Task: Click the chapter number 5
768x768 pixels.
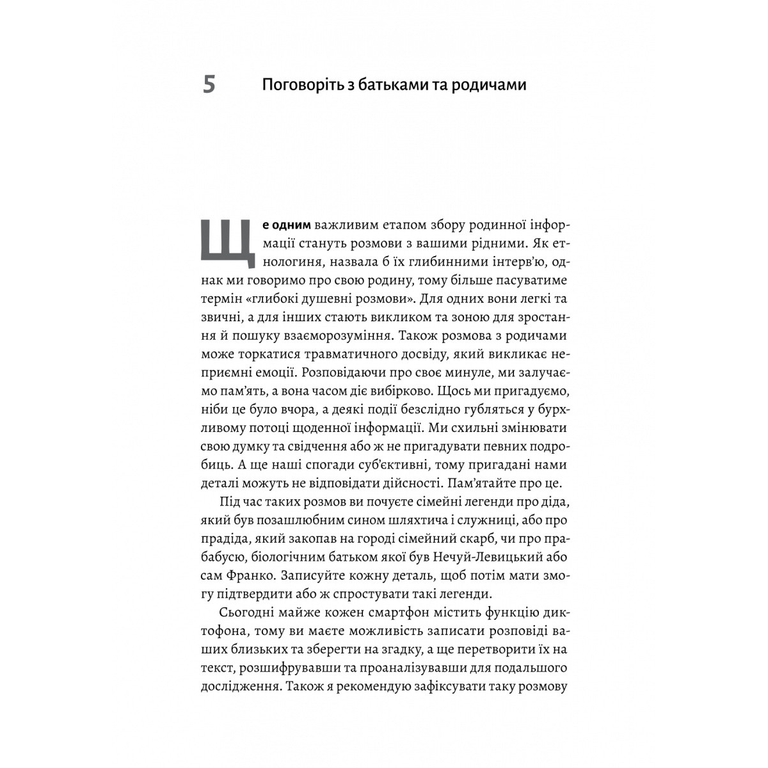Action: pyautogui.click(x=209, y=84)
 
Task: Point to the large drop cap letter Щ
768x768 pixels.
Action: pyautogui.click(x=224, y=244)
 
